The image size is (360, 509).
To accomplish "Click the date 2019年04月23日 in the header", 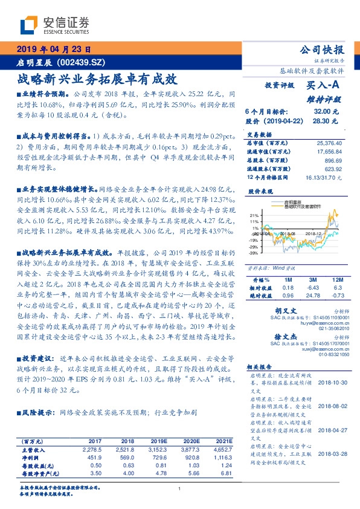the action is [x=53, y=50].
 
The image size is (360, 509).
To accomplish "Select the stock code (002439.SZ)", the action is [x=83, y=62].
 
